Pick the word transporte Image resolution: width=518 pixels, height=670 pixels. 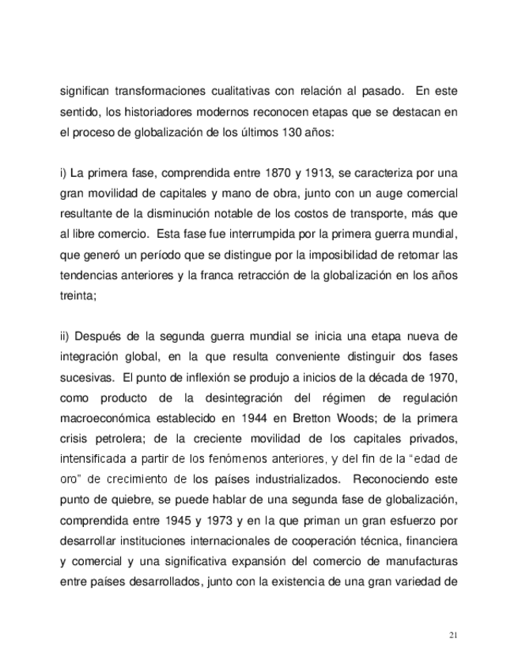pos(357,215)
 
